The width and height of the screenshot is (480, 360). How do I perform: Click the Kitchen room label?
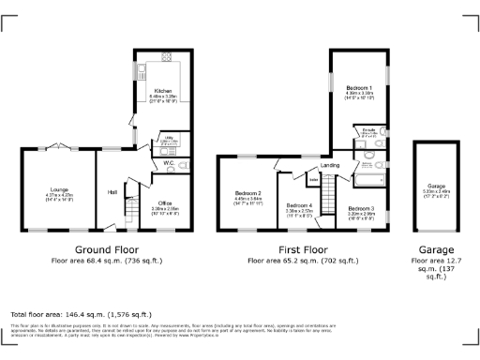(162, 91)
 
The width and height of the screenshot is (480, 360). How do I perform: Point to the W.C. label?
(169, 163)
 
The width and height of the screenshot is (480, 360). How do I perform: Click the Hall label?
(112, 191)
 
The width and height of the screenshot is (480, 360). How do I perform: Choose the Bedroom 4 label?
(299, 205)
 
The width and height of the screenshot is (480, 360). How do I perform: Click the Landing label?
(330, 166)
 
